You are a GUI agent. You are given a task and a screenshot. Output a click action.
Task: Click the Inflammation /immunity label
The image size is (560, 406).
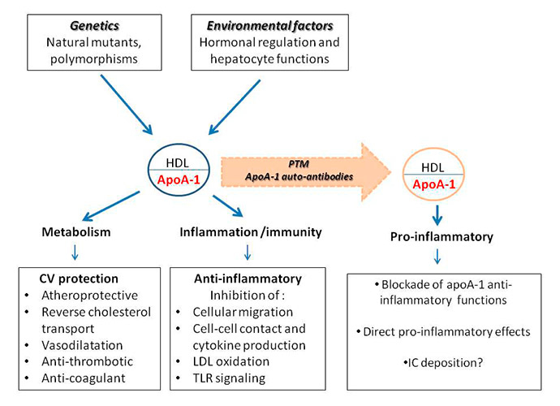[251, 232]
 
